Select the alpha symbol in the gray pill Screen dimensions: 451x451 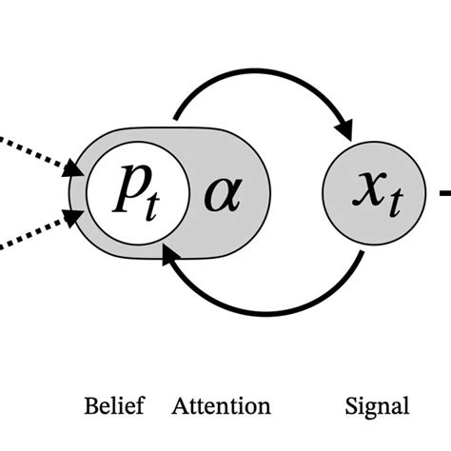223,195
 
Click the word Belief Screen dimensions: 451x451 114,406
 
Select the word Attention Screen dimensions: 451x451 221,406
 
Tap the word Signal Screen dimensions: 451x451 376,406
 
